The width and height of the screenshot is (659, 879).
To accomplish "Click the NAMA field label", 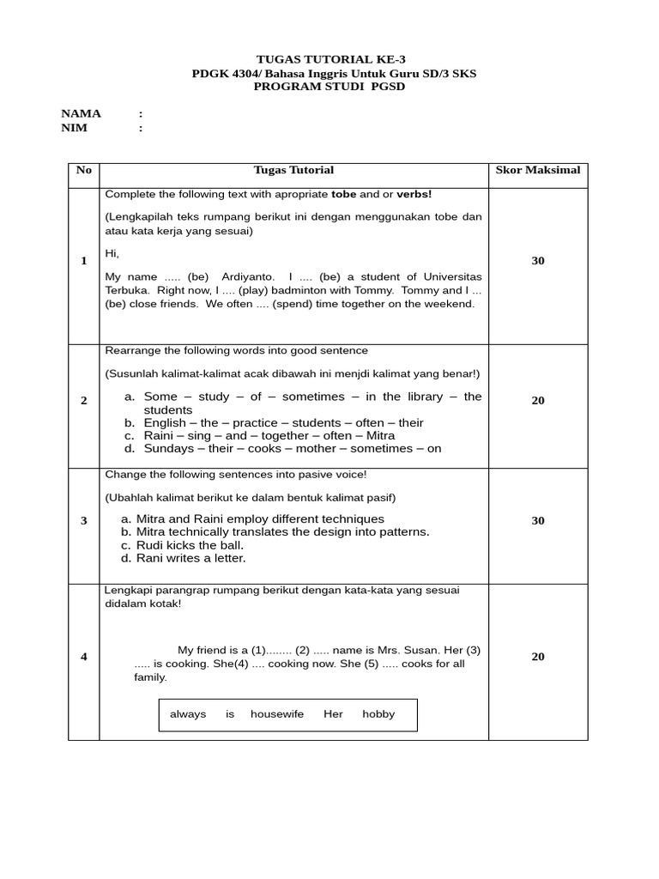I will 81,113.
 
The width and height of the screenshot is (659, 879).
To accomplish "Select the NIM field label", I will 74,128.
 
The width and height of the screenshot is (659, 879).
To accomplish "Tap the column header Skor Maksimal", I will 538,170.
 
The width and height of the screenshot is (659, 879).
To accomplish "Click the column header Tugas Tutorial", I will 293,170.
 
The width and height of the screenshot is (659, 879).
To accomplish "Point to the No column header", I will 83,170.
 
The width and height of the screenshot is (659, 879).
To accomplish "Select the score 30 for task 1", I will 538,261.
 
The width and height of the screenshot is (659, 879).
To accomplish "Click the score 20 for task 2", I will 538,401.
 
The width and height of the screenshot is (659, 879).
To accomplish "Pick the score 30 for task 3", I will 538,521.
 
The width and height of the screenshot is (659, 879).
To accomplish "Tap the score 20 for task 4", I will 538,657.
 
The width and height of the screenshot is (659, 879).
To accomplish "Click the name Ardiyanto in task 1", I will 248,277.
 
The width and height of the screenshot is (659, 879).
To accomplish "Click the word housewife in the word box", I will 277,714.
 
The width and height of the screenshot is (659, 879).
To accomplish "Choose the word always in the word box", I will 188,714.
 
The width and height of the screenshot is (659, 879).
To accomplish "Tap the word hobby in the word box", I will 378,714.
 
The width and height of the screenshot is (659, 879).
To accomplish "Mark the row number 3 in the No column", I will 83,521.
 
